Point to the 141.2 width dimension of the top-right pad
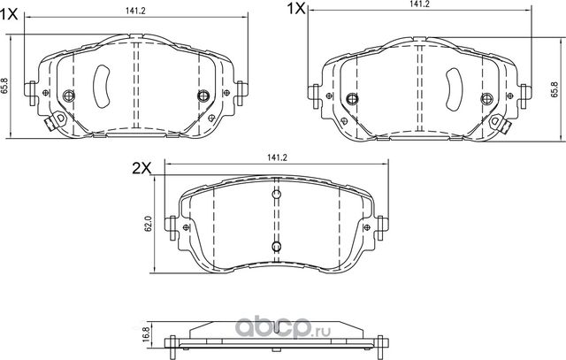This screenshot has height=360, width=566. pyautogui.click(x=419, y=4)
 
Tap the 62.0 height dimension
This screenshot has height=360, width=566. pyautogui.click(x=149, y=222)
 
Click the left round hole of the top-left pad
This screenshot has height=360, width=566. pyautogui.click(x=69, y=96)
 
